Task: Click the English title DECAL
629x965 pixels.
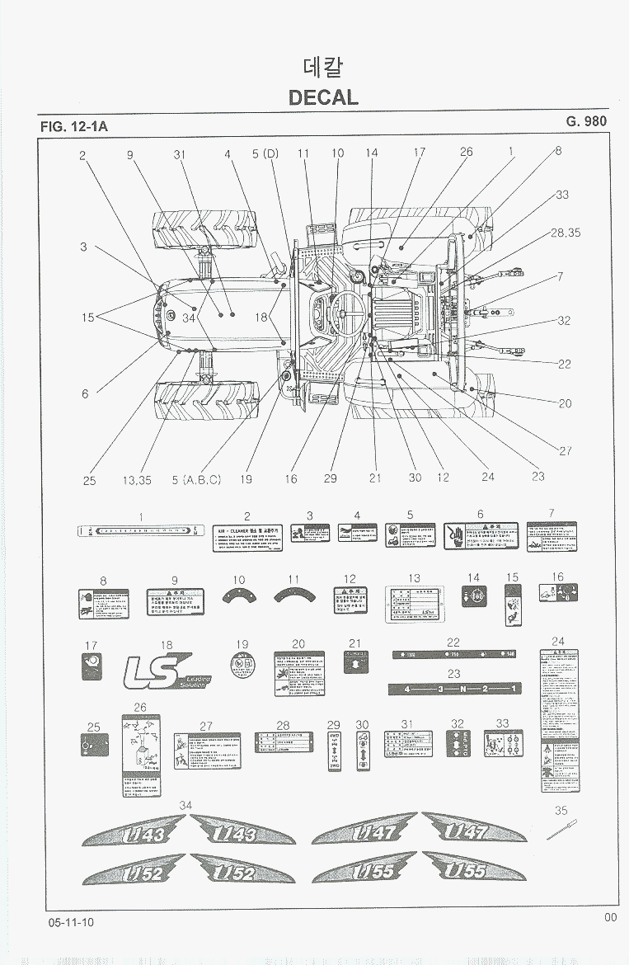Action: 323,97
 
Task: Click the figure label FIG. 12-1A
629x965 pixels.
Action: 74,127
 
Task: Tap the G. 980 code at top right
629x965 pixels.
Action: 586,121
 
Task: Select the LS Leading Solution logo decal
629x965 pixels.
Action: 165,670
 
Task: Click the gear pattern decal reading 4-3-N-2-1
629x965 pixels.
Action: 454,689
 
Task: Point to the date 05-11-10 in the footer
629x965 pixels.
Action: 71,921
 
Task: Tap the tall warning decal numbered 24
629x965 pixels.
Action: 558,720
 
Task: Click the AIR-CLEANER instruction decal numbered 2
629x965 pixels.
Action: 247,538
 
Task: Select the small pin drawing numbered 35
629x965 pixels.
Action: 561,829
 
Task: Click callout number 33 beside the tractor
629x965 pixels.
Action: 562,195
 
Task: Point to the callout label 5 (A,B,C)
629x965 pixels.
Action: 196,479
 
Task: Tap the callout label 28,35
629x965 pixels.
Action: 566,233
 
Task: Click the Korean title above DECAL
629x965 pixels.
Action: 323,67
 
